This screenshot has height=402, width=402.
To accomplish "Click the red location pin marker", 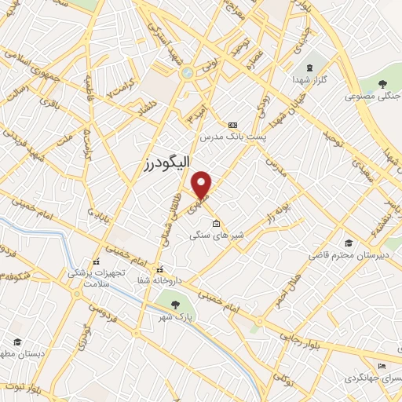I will [202, 185].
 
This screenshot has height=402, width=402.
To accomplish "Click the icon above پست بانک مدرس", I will [232, 125].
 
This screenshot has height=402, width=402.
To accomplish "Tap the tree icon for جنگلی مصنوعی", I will [384, 83].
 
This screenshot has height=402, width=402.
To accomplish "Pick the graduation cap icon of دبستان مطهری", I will [17, 342].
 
